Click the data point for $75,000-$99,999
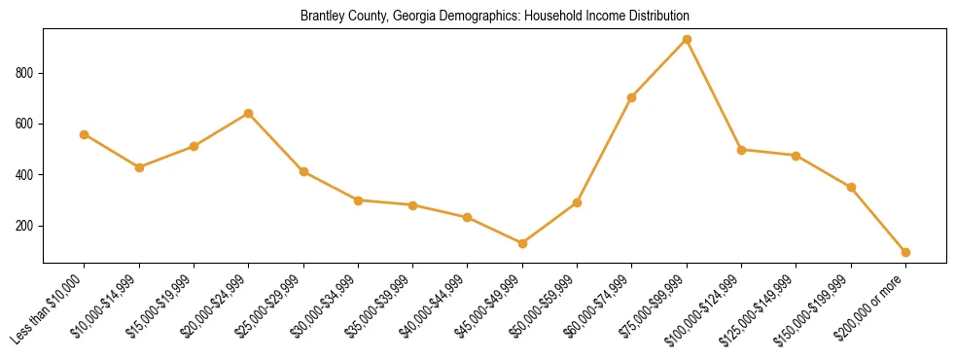click(687, 40)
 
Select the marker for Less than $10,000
click(85, 134)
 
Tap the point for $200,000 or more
click(905, 252)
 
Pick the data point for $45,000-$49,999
click(522, 243)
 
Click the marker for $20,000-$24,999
click(249, 113)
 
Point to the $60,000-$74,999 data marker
click(632, 97)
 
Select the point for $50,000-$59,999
click(577, 202)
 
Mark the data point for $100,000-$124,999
click(741, 150)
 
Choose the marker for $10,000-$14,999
click(139, 167)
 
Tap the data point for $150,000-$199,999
click(851, 187)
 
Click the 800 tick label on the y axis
click(26, 73)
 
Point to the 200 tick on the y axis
click(26, 226)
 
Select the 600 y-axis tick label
click(26, 124)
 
